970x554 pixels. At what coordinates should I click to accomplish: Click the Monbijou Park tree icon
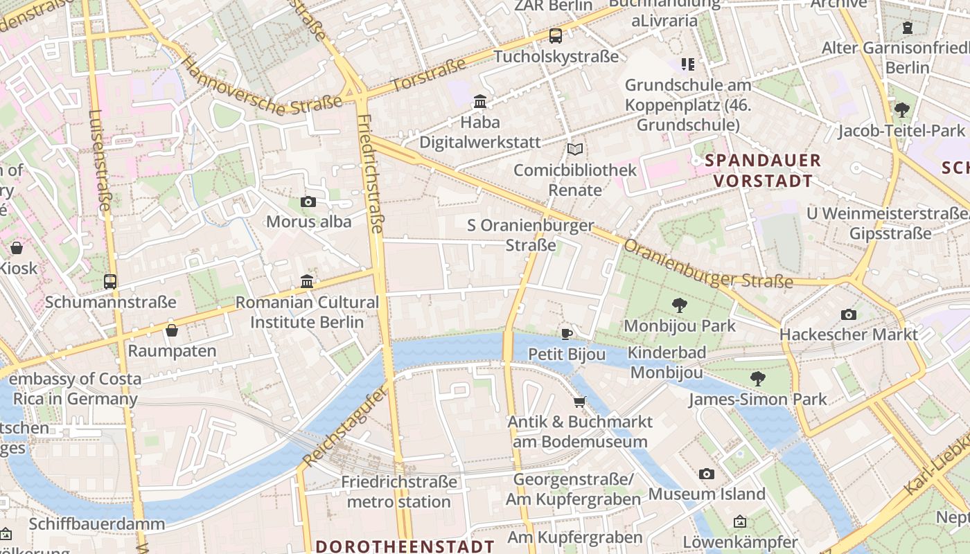[680, 305]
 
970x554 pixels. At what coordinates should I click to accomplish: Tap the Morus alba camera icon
[308, 202]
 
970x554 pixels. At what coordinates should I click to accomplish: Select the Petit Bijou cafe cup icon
[566, 334]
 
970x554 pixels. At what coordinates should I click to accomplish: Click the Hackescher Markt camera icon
[848, 314]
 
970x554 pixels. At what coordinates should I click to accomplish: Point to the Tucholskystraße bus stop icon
[556, 36]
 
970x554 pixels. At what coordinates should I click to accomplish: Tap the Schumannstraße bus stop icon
[110, 282]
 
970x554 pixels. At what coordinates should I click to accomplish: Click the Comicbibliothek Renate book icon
[574, 149]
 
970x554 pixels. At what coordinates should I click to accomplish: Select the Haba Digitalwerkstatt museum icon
[480, 102]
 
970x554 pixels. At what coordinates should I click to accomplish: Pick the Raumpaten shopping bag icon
[172, 330]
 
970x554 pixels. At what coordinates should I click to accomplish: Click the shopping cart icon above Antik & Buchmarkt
[579, 402]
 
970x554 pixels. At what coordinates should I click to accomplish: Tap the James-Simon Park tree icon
[758, 378]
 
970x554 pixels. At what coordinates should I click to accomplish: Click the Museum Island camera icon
[706, 474]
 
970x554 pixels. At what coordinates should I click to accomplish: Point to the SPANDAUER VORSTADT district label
[762, 171]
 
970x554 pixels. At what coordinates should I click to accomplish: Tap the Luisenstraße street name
[100, 159]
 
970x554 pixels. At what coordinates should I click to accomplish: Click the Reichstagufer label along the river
[344, 427]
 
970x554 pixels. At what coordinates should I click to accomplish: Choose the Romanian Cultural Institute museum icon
[307, 281]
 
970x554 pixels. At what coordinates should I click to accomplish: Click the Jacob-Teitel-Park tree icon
[901, 109]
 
